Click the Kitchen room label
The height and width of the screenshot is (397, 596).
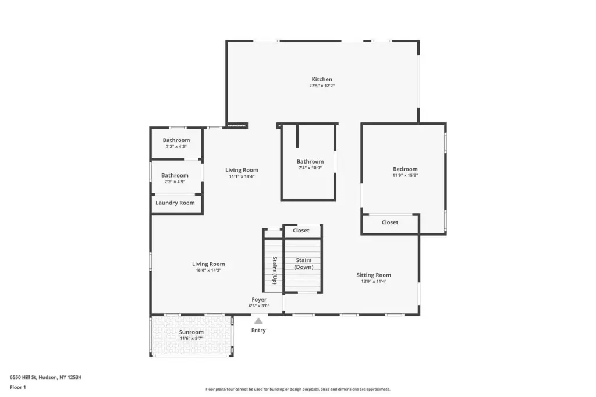click(x=322, y=80)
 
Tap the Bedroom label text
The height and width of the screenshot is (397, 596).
click(x=405, y=169)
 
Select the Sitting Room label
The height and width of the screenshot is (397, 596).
click(x=374, y=275)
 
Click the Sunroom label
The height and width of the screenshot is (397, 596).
click(x=191, y=332)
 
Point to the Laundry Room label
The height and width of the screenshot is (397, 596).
click(x=175, y=203)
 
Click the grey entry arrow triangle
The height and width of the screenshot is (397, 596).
click(x=258, y=321)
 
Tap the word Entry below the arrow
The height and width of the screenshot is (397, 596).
click(x=258, y=331)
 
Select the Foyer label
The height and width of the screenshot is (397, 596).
click(x=259, y=300)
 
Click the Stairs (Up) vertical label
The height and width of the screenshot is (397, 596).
click(x=275, y=270)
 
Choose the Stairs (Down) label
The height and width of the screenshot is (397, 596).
click(x=304, y=264)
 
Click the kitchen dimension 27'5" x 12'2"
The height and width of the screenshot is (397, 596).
click(x=322, y=86)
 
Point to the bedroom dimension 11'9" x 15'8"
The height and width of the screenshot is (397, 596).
click(x=405, y=176)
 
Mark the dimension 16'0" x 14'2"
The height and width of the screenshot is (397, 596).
click(x=208, y=271)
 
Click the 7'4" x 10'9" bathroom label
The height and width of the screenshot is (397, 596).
click(x=310, y=168)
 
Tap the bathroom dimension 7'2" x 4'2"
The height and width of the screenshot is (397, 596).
click(x=176, y=147)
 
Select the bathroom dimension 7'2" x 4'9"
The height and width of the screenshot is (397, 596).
click(x=175, y=182)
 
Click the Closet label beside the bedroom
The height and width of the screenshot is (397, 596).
click(x=390, y=222)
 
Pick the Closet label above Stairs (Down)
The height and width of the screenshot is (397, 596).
click(x=301, y=231)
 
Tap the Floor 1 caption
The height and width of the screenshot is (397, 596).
click(x=18, y=388)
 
